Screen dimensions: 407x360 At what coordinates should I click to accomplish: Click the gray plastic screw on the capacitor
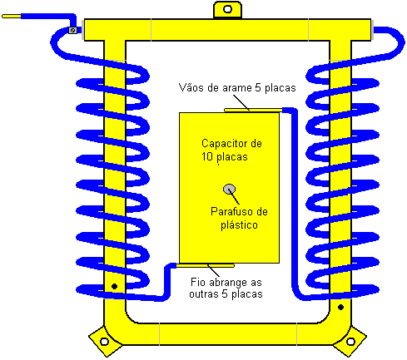point(229,190)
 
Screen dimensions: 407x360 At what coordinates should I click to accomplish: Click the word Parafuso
point(232,212)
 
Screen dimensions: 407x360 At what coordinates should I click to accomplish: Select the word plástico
point(239,224)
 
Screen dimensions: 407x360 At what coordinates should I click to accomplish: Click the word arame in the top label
point(236,88)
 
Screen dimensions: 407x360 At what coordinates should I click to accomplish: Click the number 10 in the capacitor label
point(207,157)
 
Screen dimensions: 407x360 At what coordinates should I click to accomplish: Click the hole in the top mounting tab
point(227,9)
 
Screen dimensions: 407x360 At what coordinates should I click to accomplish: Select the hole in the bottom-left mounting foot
point(104,341)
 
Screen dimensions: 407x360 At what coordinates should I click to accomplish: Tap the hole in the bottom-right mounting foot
point(350,341)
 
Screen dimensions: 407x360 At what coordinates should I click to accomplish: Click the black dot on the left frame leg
point(114,286)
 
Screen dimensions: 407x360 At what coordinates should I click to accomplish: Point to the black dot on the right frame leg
point(341,307)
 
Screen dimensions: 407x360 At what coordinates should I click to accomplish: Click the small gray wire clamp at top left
point(72,30)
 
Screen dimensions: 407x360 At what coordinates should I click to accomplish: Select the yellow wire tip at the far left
point(12,17)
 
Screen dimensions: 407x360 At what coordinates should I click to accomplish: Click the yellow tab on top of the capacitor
point(253,111)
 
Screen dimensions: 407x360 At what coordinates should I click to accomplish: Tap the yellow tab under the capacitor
point(206,266)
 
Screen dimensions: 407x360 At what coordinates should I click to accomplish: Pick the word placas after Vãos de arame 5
point(280,88)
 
